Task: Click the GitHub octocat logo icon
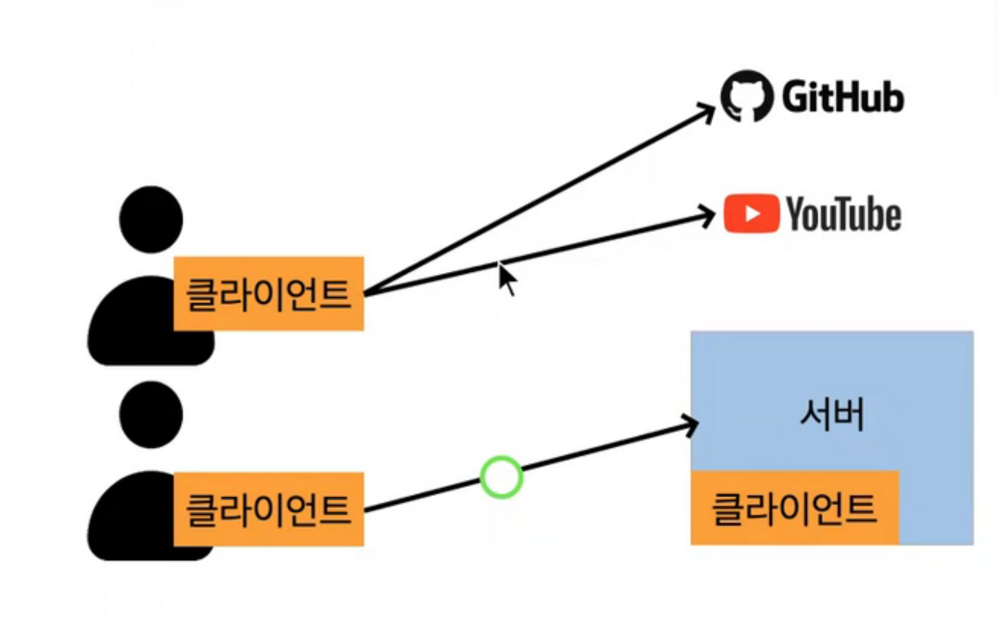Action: pos(745,97)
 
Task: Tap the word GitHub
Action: pos(842,98)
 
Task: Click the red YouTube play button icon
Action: pos(752,213)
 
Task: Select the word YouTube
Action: pos(844,214)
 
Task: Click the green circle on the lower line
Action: pos(501,477)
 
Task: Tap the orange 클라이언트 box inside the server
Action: pos(794,508)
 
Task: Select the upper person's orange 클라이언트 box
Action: pos(268,294)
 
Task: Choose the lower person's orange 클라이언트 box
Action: pos(268,509)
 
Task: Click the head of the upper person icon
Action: pos(151,219)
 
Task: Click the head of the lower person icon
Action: pos(151,415)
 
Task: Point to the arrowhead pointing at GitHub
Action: pos(707,111)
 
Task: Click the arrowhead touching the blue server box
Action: pos(689,423)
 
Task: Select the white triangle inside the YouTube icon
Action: pos(752,213)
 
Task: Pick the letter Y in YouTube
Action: pos(796,214)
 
